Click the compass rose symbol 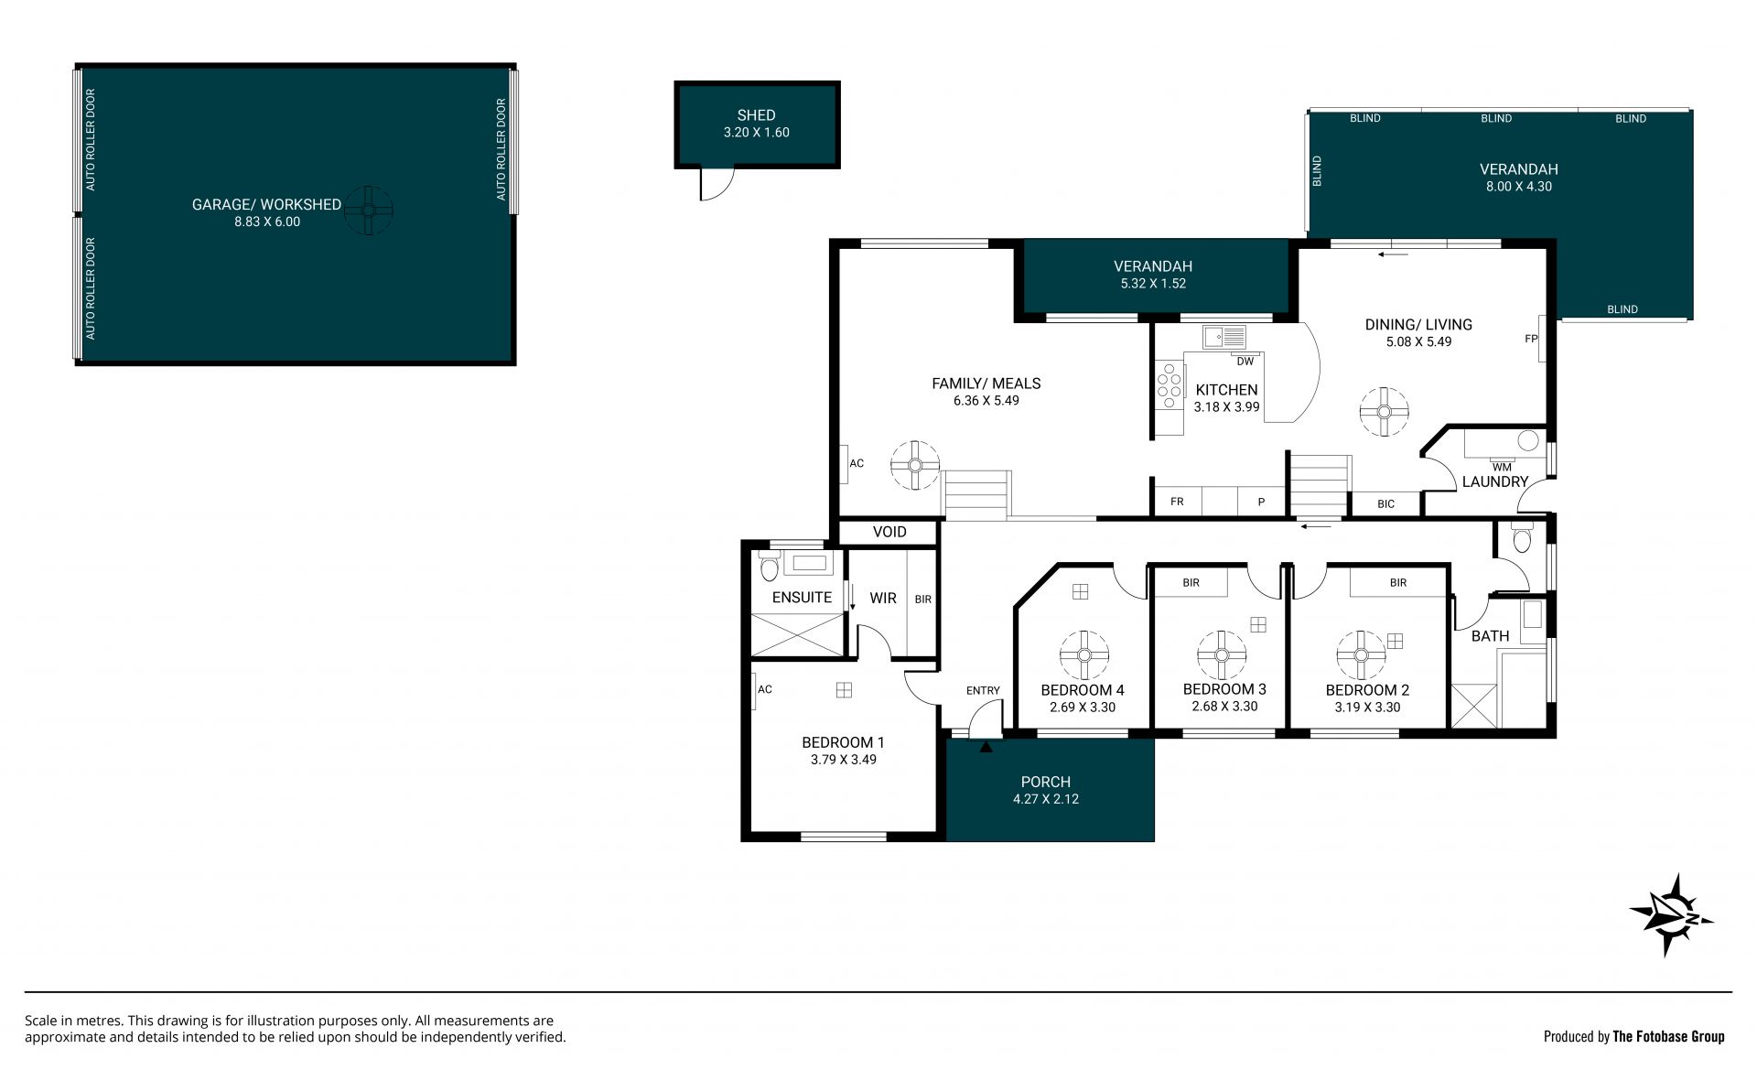(1671, 915)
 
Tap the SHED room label (756, 115)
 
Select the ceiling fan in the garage (369, 211)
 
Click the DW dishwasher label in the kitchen (1245, 361)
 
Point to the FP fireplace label (1531, 339)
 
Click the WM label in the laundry (1502, 467)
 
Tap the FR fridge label (1177, 502)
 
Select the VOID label (889, 532)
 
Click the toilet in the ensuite (769, 567)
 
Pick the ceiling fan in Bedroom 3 (1222, 654)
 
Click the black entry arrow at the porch (986, 747)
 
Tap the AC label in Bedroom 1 (765, 689)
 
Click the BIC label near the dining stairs (1385, 504)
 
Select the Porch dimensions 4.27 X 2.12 (1046, 799)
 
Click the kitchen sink (1224, 337)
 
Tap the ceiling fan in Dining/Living (1384, 412)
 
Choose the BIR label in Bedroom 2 (1398, 583)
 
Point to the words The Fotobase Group (1668, 1036)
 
